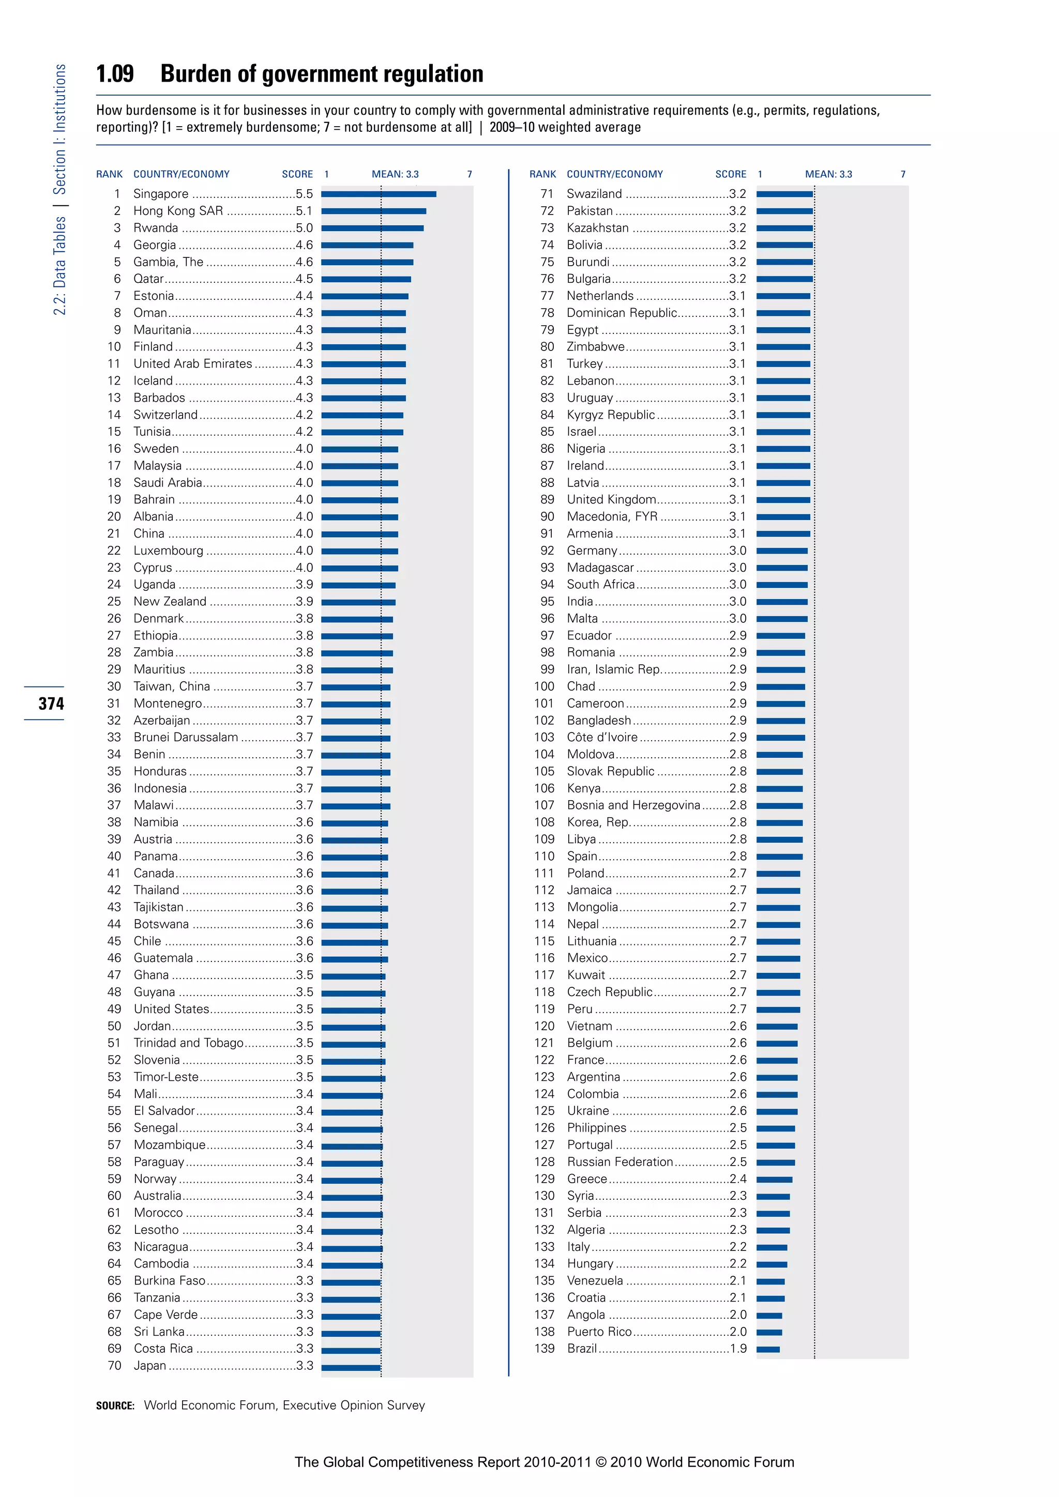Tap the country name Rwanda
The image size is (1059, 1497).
pyautogui.click(x=155, y=227)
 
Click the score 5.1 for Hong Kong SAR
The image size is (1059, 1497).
pyautogui.click(x=304, y=210)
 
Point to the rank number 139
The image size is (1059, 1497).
pyautogui.click(x=544, y=1348)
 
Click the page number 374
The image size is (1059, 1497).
pyautogui.click(x=51, y=704)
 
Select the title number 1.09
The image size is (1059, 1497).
pyautogui.click(x=115, y=74)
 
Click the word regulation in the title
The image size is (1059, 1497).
pyautogui.click(x=433, y=74)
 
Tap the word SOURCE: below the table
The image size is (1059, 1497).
pyautogui.click(x=115, y=1406)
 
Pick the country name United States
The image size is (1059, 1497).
pyautogui.click(x=171, y=1009)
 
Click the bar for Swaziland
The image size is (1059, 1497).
pyautogui.click(x=784, y=194)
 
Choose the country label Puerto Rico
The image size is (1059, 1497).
pyautogui.click(x=599, y=1332)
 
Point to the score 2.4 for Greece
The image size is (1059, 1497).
pyautogui.click(x=738, y=1179)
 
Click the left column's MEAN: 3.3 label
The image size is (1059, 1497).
pyautogui.click(x=395, y=174)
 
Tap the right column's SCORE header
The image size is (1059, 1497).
pyautogui.click(x=730, y=174)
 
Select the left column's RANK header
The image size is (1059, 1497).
pyautogui.click(x=109, y=174)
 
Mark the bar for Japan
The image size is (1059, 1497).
pyautogui.click(x=350, y=1366)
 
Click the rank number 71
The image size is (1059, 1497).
pyautogui.click(x=547, y=194)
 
